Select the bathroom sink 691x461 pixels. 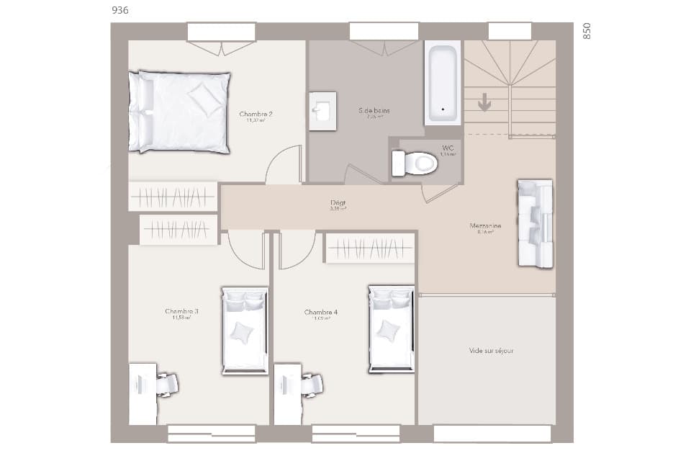pos(322,111)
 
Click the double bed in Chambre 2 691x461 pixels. pos(180,112)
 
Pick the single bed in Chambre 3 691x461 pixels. pos(245,331)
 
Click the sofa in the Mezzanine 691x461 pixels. pos(535,223)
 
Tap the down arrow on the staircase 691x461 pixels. pos(484,102)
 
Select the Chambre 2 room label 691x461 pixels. pos(256,114)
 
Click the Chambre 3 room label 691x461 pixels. pos(181,312)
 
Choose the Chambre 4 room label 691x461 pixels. pos(320,313)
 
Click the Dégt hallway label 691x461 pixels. pos(338,203)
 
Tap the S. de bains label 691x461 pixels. pos(374,110)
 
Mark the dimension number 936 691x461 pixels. pos(121,10)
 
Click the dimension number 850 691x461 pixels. pos(587,30)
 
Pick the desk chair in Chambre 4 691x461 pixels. pos(312,385)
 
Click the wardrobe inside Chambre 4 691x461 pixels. pos(371,248)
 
